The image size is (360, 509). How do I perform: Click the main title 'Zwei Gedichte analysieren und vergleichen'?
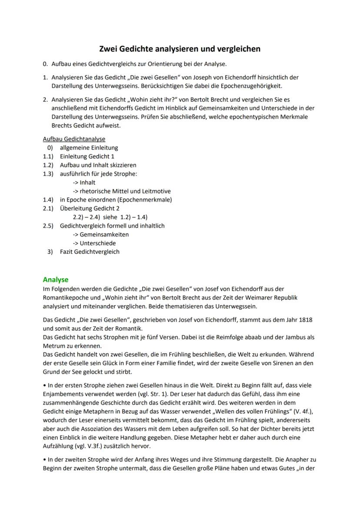[180, 49]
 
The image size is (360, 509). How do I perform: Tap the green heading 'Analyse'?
[55, 279]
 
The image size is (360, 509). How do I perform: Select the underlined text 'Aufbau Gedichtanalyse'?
[74, 139]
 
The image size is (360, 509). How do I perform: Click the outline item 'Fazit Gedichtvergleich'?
[90, 252]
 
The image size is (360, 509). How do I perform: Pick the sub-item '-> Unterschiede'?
[94, 243]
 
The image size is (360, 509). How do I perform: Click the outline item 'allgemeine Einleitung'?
[89, 148]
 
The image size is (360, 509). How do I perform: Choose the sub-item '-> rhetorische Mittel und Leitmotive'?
[121, 191]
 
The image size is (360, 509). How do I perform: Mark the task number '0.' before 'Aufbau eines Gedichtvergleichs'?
[46, 64]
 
